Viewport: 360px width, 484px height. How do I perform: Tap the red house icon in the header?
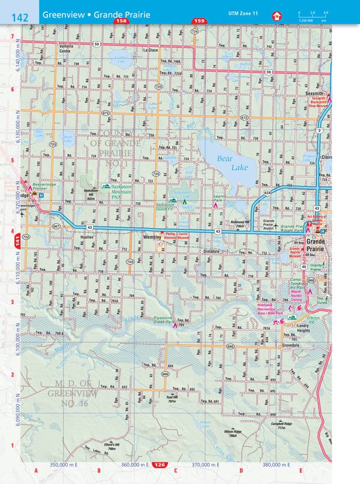pos(277,16)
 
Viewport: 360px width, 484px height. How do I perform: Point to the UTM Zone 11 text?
pos(242,13)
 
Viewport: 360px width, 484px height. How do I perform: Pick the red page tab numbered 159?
pos(199,21)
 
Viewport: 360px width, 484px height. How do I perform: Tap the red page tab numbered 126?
pos(159,465)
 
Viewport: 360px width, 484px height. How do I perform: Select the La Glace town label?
pos(151,50)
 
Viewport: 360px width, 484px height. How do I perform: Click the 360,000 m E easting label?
pos(134,465)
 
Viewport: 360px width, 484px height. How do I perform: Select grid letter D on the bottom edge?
pos(241,470)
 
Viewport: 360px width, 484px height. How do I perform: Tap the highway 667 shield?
pos(56,226)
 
